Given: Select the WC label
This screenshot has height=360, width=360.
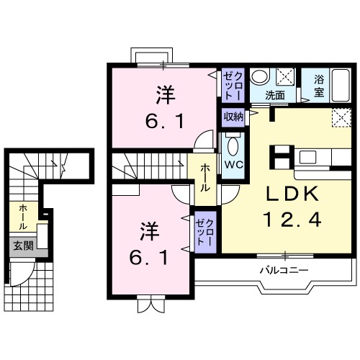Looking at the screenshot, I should [233, 163].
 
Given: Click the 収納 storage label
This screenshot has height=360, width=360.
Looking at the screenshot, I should [233, 117].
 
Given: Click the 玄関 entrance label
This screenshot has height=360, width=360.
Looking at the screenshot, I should [21, 246].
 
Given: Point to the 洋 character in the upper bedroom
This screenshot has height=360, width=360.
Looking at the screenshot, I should [165, 94].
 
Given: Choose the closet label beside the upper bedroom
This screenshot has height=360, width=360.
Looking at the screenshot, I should [232, 85].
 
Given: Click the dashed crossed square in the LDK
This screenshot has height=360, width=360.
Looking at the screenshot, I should [340, 117].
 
